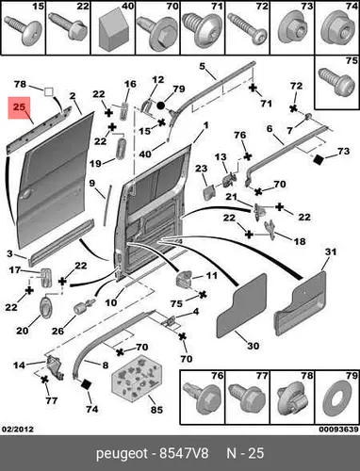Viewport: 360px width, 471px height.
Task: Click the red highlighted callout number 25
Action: point(19,107)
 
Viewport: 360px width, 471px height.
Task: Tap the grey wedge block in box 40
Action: point(113,31)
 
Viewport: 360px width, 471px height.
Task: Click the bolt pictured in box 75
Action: point(335,82)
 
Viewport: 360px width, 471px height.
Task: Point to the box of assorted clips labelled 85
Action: point(137,380)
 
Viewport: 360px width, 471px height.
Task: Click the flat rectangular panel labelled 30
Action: point(241,305)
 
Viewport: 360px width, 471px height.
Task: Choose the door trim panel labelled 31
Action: point(300,303)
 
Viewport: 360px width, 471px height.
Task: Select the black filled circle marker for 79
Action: point(160,106)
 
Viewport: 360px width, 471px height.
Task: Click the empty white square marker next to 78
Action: point(48,91)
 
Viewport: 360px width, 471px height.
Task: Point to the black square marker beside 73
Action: point(319,159)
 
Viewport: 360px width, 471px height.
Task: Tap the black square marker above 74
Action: point(86,384)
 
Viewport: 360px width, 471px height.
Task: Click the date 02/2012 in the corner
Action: point(18,429)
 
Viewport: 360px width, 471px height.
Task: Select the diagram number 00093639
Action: point(339,429)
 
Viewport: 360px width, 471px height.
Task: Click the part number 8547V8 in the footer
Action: point(184,453)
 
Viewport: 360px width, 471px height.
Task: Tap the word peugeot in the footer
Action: point(122,454)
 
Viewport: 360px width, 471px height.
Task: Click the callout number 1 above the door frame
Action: point(205,125)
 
